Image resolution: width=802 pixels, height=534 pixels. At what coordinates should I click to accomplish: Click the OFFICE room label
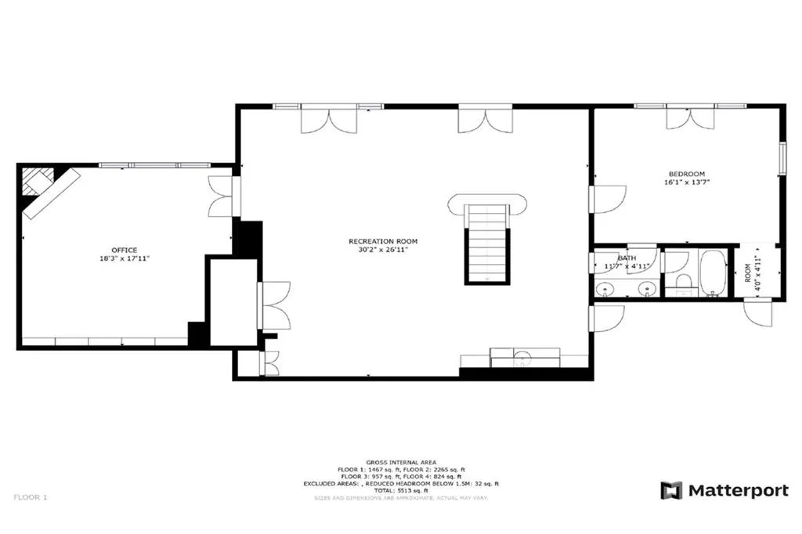124,250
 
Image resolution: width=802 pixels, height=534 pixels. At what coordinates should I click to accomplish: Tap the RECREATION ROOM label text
383,241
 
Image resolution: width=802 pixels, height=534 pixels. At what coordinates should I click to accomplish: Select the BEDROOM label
686,174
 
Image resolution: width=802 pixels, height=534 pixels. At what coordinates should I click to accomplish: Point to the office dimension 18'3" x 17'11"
124,258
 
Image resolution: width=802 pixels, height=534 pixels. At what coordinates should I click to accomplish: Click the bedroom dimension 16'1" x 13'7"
686,182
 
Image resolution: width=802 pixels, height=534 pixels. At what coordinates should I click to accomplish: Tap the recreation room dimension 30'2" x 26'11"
383,249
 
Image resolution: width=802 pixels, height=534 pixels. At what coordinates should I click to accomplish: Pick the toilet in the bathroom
681,283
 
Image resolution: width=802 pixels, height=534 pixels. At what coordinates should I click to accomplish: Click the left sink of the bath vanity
605,289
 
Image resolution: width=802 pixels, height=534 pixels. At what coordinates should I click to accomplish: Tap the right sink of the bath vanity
646,289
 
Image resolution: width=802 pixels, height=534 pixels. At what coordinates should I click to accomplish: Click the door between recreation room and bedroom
606,199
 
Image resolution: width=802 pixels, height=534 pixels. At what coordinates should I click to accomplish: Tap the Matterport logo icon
671,491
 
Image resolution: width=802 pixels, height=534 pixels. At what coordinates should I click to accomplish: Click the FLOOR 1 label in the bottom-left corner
30,496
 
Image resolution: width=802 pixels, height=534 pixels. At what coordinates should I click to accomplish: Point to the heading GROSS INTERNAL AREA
400,463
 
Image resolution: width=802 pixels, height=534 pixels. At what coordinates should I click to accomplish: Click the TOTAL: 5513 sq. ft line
400,490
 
